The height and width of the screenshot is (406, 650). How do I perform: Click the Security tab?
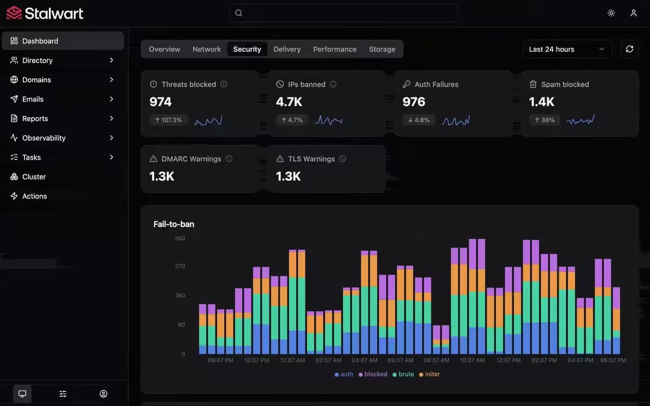pyautogui.click(x=247, y=50)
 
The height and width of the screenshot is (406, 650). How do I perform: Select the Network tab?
pyautogui.click(x=206, y=50)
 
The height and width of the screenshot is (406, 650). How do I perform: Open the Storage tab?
pyautogui.click(x=382, y=50)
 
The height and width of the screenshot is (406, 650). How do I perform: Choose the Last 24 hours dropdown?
pyautogui.click(x=567, y=50)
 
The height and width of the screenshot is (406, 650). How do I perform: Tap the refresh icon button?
pyautogui.click(x=629, y=50)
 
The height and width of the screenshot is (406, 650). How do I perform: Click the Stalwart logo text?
pyautogui.click(x=54, y=13)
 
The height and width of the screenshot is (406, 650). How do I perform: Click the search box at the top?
pyautogui.click(x=344, y=13)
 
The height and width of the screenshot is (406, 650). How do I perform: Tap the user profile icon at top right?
pyautogui.click(x=634, y=13)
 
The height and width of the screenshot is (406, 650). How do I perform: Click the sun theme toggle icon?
pyautogui.click(x=611, y=13)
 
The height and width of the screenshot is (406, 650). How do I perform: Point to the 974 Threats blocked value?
pyautogui.click(x=161, y=102)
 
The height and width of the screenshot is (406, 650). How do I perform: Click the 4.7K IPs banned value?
pyautogui.click(x=289, y=102)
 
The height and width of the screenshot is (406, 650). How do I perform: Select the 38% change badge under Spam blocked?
pyautogui.click(x=544, y=120)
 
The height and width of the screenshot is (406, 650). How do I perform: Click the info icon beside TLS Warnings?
pyautogui.click(x=342, y=159)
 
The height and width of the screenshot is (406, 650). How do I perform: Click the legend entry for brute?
pyautogui.click(x=403, y=374)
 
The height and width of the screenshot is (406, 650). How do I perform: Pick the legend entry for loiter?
pyautogui.click(x=429, y=374)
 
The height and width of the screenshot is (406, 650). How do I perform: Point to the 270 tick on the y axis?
pyautogui.click(x=180, y=266)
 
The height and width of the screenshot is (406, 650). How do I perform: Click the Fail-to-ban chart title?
pyautogui.click(x=174, y=224)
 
